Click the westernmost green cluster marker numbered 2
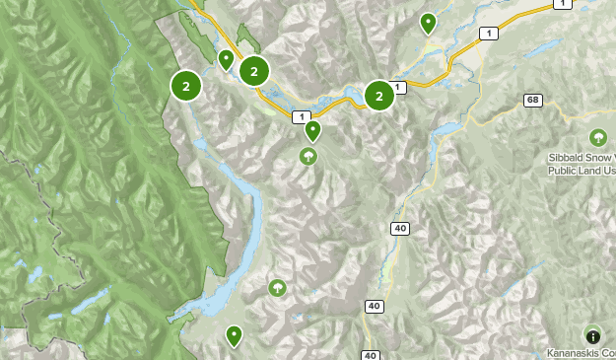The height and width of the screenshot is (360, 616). click(185, 86)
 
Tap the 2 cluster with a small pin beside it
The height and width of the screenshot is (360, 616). click(254, 71)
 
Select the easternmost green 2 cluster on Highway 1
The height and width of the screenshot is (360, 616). click(379, 95)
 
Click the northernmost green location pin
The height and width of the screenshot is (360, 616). click(428, 23)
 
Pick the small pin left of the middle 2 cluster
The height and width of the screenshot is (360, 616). click(226, 61)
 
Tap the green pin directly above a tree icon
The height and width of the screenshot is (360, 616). click(312, 130)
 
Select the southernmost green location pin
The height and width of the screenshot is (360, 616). click(234, 336)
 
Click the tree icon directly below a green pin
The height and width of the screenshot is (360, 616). click(309, 156)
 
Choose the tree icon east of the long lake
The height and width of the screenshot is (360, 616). click(278, 288)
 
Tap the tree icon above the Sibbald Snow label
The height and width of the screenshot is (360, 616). click(596, 137)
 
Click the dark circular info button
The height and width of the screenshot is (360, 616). click(592, 335)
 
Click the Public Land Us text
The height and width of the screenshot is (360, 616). click(582, 171)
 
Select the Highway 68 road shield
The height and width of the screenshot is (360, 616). click(533, 101)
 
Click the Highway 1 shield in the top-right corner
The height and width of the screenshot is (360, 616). click(562, 5)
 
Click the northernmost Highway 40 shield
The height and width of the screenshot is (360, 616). click(400, 229)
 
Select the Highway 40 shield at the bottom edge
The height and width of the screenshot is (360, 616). click(370, 355)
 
